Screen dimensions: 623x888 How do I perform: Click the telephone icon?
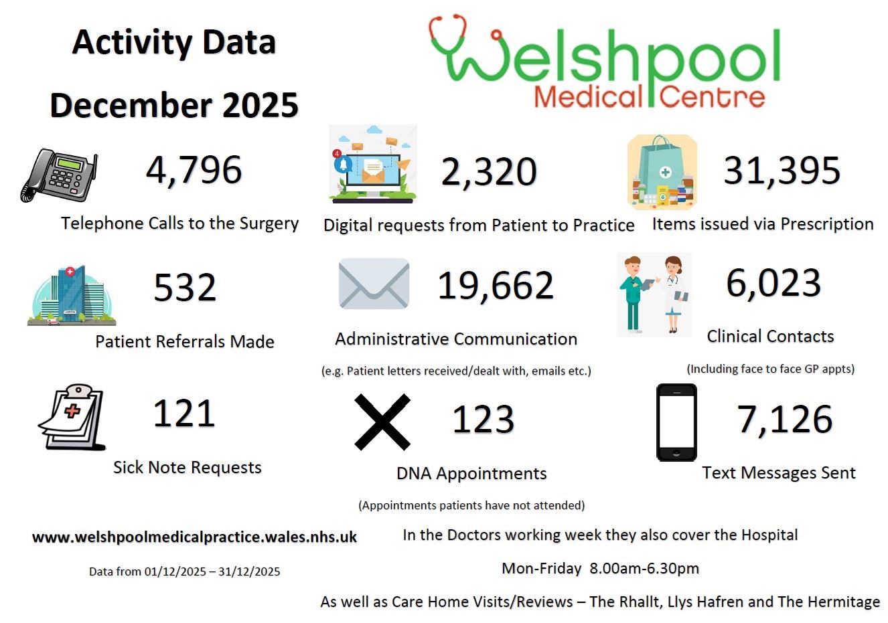59,175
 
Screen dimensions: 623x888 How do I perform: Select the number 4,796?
194,169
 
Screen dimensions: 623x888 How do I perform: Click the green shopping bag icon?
662,172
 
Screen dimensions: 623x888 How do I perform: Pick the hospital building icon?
72,295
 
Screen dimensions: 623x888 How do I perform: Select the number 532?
185,288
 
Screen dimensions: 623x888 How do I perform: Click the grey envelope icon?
374,284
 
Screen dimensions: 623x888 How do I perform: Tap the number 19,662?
496,285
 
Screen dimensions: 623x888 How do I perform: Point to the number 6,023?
773,282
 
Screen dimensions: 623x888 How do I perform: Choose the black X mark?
382,422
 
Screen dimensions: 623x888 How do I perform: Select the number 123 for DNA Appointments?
483,420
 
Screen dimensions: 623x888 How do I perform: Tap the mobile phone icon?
676,422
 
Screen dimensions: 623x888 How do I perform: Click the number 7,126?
785,420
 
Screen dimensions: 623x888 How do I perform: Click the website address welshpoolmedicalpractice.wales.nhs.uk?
194,537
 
